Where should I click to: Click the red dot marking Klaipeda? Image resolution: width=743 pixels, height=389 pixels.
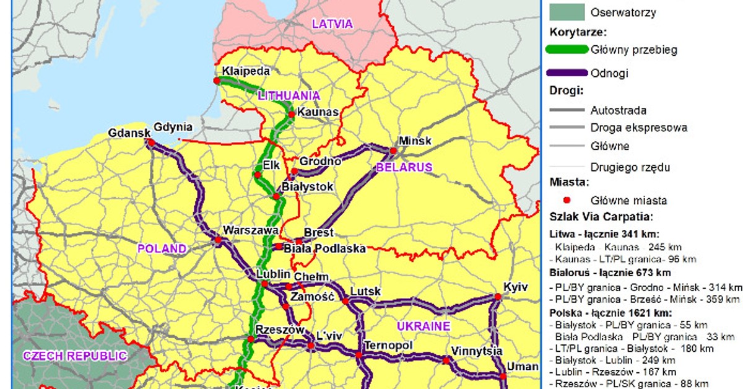[x=217, y=81]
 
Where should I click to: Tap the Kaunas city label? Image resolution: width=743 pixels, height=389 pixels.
[x=318, y=112]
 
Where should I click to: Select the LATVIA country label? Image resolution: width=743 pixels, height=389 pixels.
[x=332, y=24]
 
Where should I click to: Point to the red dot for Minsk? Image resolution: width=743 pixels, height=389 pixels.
[x=393, y=151]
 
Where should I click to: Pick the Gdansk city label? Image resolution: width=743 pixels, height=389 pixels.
[x=129, y=133]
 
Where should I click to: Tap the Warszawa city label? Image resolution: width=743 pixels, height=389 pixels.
[x=250, y=230]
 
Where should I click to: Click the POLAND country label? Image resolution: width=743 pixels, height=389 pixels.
[x=162, y=249]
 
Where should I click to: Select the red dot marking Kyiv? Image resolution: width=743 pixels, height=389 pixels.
[x=497, y=297]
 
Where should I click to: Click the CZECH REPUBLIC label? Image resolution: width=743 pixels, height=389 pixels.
[x=74, y=356]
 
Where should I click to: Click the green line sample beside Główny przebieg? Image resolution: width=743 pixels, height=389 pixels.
[x=567, y=50]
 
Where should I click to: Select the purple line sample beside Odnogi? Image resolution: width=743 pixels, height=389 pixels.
[x=567, y=73]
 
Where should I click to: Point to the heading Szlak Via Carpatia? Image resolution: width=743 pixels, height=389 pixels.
[x=601, y=217]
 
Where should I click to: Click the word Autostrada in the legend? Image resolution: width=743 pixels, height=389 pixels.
[x=619, y=110]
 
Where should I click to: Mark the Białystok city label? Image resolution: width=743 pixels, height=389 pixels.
[x=308, y=186]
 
